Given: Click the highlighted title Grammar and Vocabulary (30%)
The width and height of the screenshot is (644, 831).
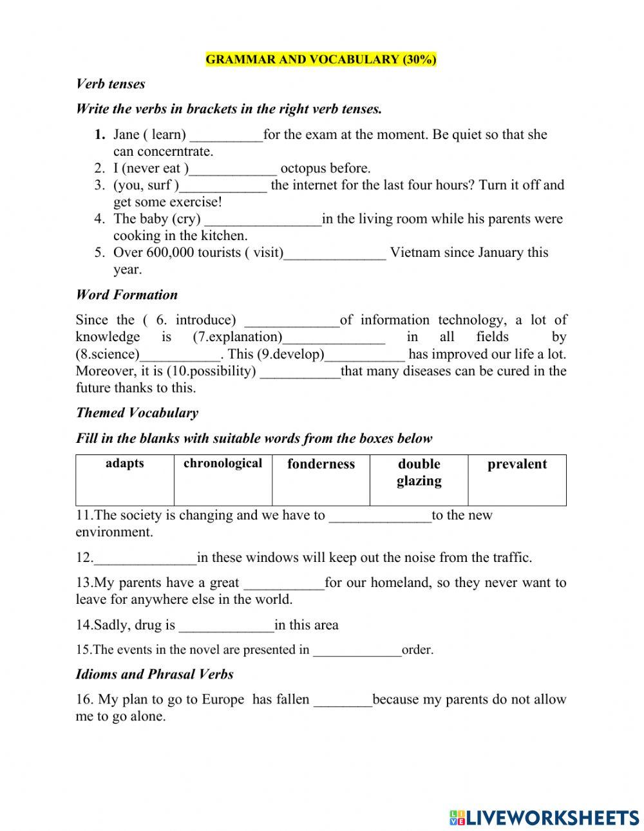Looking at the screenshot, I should point(321,60).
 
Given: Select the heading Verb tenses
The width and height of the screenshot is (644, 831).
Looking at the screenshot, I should point(110,84).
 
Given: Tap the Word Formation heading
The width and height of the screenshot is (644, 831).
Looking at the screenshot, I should point(126,295).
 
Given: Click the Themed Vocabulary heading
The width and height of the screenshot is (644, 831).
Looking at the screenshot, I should point(137,413).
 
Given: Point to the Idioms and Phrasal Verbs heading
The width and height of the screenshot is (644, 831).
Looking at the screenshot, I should point(154,674).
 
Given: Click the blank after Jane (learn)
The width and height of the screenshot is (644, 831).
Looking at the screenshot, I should point(226,136).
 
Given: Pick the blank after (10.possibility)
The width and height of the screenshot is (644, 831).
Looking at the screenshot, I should point(299,372).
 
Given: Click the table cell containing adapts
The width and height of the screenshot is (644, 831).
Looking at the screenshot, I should point(125,480).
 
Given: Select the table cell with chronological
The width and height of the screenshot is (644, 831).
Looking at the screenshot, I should point(223,480).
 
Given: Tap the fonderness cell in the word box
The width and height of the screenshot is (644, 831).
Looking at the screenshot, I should point(321,480).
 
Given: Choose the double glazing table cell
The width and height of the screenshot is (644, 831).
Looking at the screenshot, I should point(419,480).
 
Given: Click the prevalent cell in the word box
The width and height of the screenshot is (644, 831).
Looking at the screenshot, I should point(516,480).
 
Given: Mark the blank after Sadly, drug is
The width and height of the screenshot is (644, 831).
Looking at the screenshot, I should point(226,626).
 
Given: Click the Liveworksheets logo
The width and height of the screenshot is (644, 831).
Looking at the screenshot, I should point(544,817).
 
